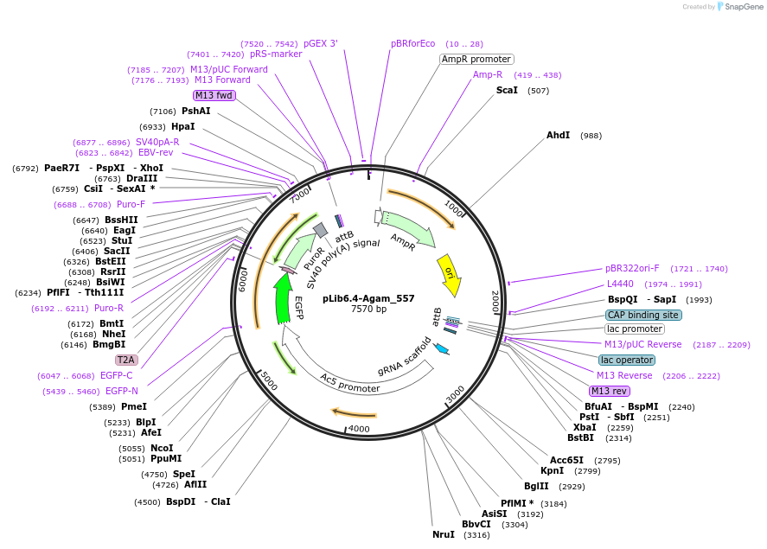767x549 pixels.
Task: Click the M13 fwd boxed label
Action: (214, 95)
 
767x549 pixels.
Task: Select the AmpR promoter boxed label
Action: (476, 59)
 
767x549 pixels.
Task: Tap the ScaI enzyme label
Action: (507, 90)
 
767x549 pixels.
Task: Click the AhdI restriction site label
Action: (558, 135)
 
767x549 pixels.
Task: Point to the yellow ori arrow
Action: (449, 273)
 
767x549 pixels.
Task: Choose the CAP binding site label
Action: (642, 315)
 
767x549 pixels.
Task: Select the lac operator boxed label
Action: (626, 360)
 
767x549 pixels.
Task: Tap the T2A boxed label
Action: (126, 360)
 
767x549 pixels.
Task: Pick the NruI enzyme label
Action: (444, 534)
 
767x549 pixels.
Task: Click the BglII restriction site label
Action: (536, 486)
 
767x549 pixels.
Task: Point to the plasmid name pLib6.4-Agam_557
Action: (368, 298)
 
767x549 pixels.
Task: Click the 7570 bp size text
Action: (368, 310)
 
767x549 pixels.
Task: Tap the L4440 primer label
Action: (620, 284)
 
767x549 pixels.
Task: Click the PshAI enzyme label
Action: (195, 111)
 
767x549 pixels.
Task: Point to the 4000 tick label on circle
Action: (358, 428)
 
